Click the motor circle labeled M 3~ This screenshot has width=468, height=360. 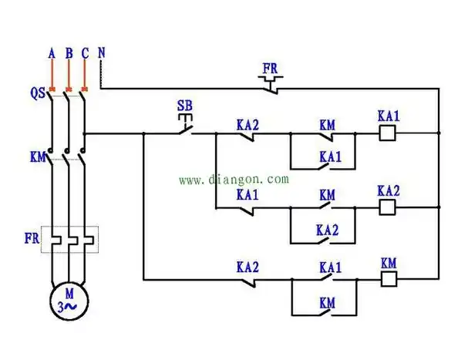[69, 299]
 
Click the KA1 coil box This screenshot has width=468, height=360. [389, 133]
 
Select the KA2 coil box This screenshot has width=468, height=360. [389, 207]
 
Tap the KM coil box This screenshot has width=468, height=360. [389, 279]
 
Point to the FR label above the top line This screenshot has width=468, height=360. [270, 69]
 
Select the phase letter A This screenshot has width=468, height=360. [52, 53]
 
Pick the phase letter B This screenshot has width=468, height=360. [69, 53]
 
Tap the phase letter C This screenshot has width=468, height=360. [85, 53]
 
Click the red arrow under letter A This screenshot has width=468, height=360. [52, 76]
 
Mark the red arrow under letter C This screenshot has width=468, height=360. [85, 76]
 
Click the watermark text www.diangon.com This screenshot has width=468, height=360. [234, 179]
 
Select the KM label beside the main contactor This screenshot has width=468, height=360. [37, 157]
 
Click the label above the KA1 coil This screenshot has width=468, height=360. [389, 116]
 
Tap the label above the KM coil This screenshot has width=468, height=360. [389, 262]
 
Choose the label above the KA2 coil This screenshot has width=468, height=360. [389, 190]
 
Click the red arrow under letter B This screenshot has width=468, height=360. [69, 76]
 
